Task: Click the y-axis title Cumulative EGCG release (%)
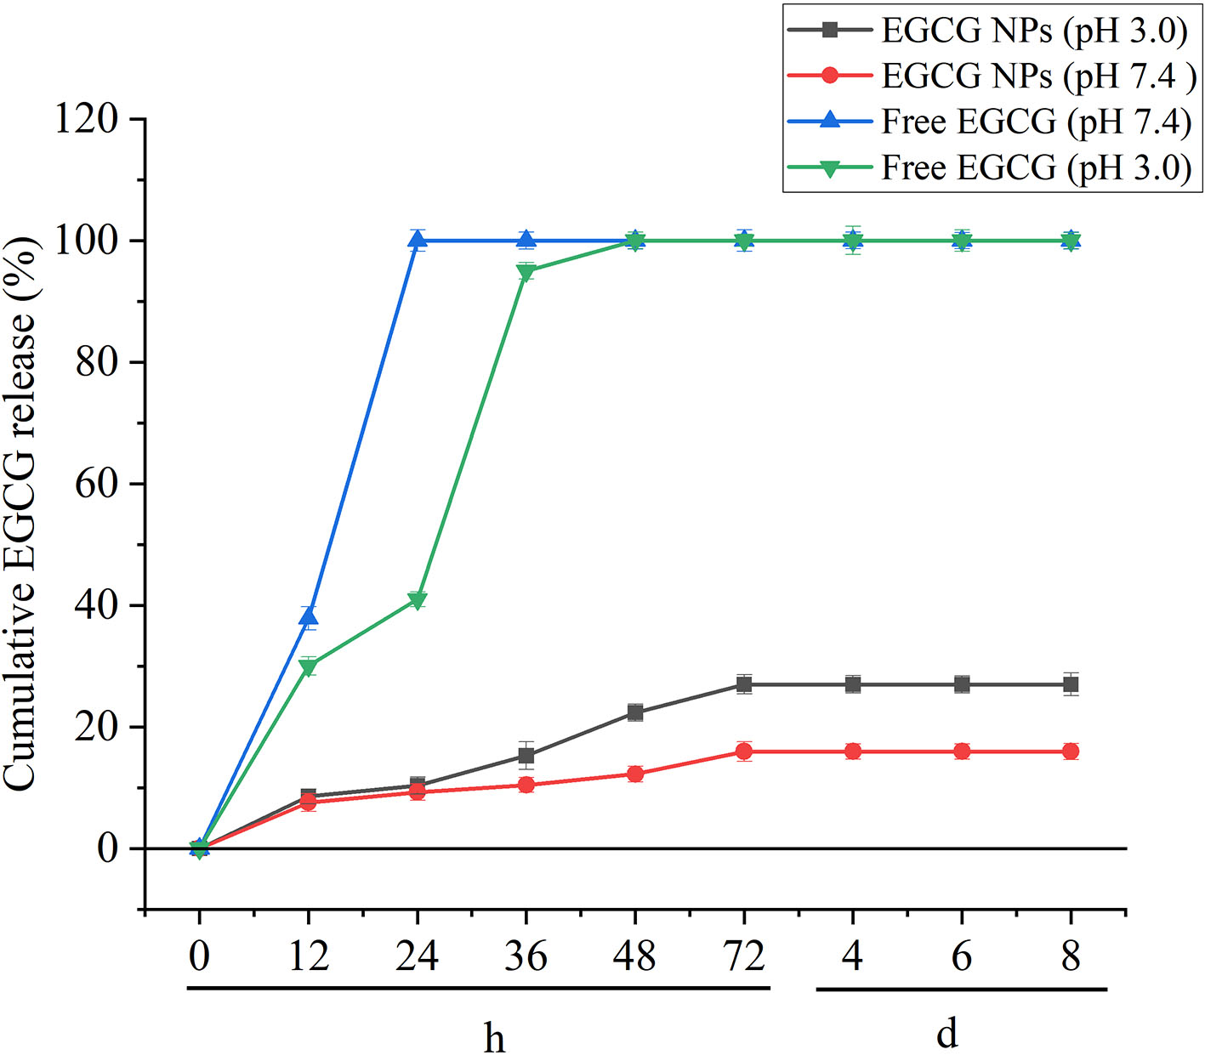20,513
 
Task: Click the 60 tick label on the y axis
96,484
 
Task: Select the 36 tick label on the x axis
526,957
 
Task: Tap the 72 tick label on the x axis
744,957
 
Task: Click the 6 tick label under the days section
962,957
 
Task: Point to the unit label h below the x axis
494,1037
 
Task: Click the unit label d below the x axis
946,1034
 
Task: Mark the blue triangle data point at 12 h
308,616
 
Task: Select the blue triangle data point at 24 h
417,240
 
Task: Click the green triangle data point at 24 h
417,601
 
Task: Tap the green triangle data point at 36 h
526,272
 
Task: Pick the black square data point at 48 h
635,712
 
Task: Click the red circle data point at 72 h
744,752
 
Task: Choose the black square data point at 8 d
1071,684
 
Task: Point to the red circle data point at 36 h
526,785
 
